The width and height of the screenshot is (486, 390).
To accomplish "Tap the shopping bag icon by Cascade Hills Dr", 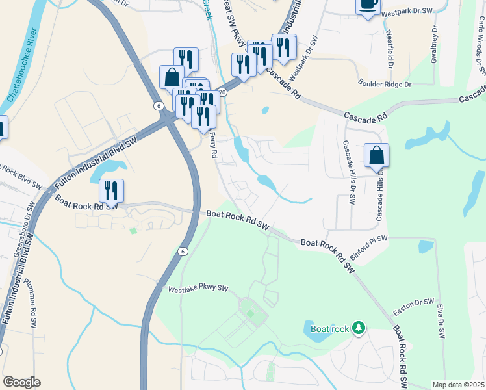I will (376, 157).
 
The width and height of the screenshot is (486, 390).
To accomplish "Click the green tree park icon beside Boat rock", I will (357, 328).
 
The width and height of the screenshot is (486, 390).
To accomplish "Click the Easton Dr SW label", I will (415, 302).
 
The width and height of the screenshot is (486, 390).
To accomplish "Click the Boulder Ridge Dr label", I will (385, 84).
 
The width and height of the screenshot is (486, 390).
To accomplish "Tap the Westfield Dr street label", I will (390, 49).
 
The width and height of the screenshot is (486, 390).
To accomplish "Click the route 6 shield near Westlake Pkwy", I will (184, 252).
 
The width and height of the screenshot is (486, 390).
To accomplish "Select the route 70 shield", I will (222, 93).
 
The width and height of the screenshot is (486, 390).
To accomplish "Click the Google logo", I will (21, 382).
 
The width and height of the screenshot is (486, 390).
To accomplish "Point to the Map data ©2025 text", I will (457, 385).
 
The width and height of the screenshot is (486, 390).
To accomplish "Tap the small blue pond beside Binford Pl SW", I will (426, 247).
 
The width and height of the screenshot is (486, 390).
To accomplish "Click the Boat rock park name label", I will (330, 329).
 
